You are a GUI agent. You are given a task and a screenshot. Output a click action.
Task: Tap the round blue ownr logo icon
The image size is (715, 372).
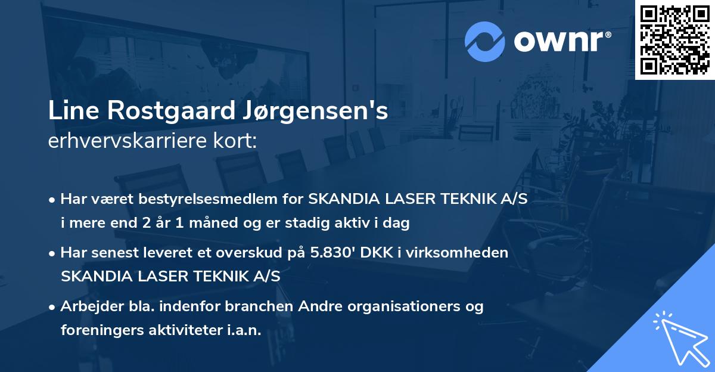[484, 42]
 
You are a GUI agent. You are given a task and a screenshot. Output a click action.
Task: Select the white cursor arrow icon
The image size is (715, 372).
[677, 337]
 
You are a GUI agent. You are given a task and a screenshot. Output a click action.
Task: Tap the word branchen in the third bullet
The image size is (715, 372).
[253, 306]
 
